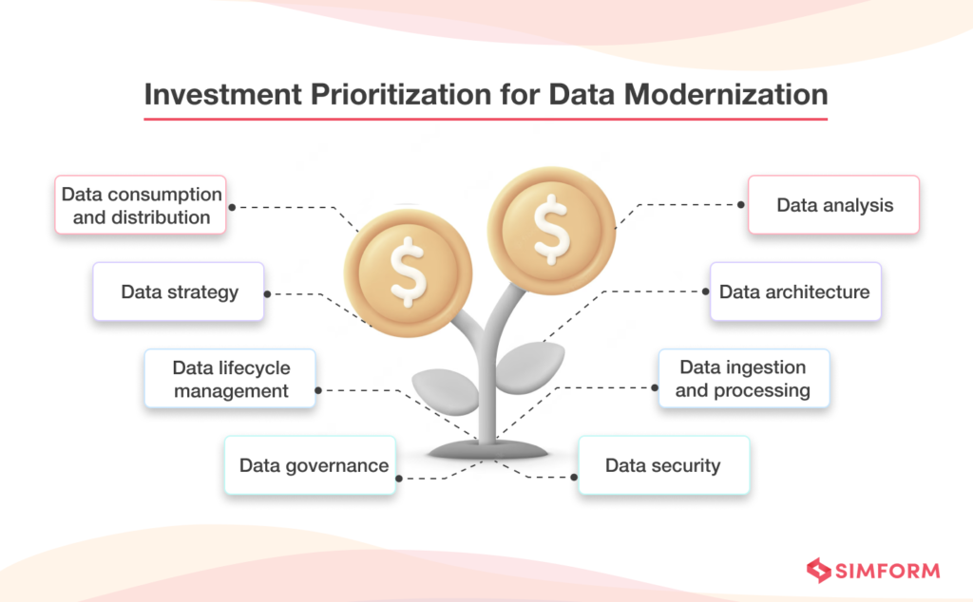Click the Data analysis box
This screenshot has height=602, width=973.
pos(833,204)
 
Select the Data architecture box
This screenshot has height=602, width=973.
pos(794,292)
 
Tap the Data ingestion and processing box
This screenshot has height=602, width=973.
pos(743,379)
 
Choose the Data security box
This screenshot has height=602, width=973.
pos(663,465)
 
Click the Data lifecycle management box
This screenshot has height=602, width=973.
pos(230,379)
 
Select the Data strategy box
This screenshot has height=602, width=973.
pos(179,292)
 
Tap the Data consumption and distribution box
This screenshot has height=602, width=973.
pos(141,204)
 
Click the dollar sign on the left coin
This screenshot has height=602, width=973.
pos(408,271)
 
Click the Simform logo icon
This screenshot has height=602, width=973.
pos(818,570)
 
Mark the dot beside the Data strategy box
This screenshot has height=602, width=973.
pos(267,293)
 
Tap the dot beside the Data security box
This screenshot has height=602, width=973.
pos(576,477)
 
